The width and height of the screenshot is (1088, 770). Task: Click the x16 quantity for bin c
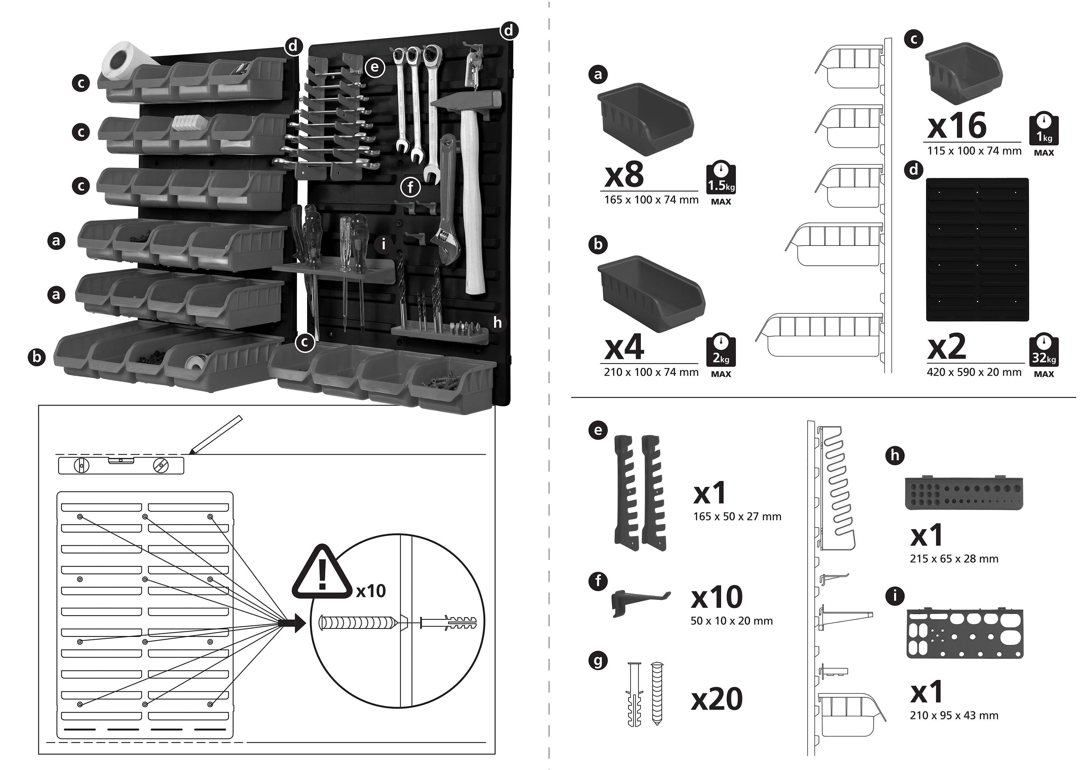click(957, 125)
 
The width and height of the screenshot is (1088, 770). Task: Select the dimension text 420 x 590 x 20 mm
click(974, 373)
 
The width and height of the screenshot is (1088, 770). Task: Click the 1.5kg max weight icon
click(721, 179)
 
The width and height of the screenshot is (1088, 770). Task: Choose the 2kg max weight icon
click(721, 351)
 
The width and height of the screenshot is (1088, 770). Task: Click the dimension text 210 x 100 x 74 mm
click(651, 373)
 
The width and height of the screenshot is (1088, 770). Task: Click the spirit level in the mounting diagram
click(121, 466)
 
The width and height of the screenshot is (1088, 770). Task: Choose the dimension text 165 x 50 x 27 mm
click(737, 517)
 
